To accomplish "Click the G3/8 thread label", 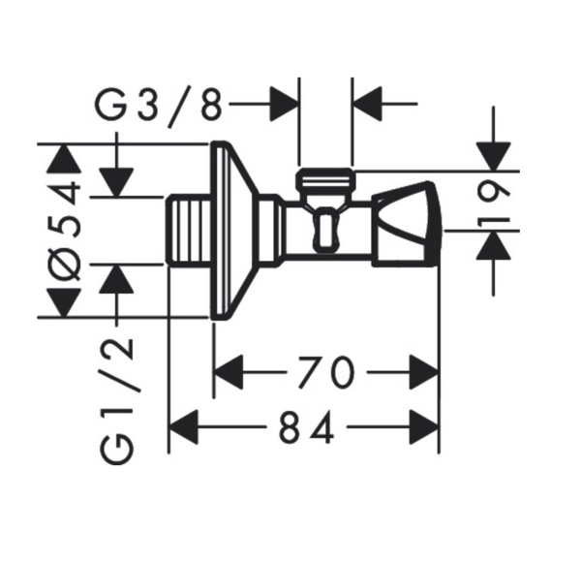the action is pyautogui.click(x=159, y=106).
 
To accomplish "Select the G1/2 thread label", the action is pyautogui.click(x=116, y=401).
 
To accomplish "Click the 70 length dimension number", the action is pyautogui.click(x=326, y=372).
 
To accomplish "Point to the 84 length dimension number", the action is pyautogui.click(x=306, y=427).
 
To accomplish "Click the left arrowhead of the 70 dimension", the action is pyautogui.click(x=229, y=372).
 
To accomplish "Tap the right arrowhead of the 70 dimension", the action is pyautogui.click(x=424, y=372).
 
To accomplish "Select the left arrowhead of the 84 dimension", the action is pyautogui.click(x=183, y=427).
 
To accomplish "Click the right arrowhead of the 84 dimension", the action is pyautogui.click(x=424, y=427).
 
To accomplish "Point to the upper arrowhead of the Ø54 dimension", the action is pyautogui.click(x=64, y=158).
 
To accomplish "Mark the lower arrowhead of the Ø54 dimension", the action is pyautogui.click(x=64, y=303).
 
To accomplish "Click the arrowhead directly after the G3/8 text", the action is pyautogui.click(x=284, y=105).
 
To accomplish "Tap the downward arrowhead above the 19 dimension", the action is pyautogui.click(x=493, y=156).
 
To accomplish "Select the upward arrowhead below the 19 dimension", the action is pyautogui.click(x=493, y=245).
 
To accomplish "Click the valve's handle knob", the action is pyautogui.click(x=407, y=224).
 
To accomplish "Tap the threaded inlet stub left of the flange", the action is pyautogui.click(x=188, y=231).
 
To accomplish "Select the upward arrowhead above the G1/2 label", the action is pyautogui.click(x=116, y=279).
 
